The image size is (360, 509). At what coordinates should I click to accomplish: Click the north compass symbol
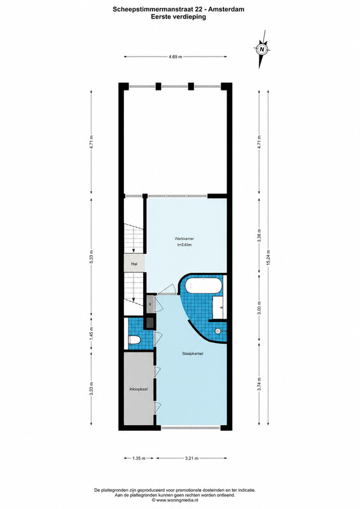point(261,50)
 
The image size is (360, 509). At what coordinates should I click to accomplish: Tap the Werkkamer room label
point(184,239)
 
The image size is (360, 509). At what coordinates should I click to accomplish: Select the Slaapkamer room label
point(193,354)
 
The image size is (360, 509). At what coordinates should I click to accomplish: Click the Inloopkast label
point(139,389)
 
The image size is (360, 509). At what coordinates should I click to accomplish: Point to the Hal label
point(134,264)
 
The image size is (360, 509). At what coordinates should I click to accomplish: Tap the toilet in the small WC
point(134,340)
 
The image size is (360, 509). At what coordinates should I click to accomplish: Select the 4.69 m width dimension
point(175,57)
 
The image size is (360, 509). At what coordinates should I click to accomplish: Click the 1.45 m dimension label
point(92,335)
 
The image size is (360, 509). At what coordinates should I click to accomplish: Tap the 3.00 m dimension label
point(259,308)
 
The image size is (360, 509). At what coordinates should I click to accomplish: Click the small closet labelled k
point(150,304)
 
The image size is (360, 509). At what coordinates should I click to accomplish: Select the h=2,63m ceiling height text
point(184,245)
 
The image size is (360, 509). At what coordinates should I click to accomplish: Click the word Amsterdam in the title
point(226,10)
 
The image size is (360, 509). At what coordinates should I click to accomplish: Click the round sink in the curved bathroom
point(218,331)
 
